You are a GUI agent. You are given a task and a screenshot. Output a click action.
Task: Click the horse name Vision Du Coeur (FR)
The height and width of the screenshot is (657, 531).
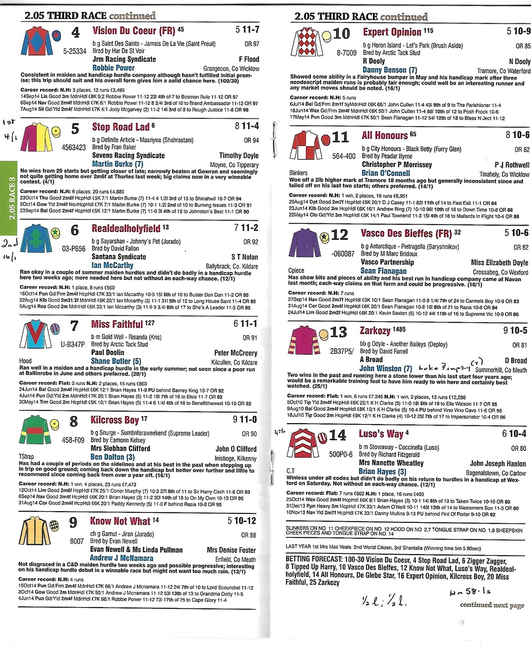[x=134, y=31]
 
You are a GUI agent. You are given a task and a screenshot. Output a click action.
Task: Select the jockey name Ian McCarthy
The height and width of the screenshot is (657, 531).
[x=112, y=265]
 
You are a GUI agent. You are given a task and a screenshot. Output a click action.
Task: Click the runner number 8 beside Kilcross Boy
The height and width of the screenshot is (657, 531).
[x=74, y=421]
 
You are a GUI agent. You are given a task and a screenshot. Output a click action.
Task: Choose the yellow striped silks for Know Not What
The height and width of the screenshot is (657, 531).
[x=34, y=531]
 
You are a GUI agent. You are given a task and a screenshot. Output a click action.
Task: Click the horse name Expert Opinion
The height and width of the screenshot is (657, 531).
[x=392, y=32]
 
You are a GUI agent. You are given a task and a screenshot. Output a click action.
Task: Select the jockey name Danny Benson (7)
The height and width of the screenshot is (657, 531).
[x=389, y=70]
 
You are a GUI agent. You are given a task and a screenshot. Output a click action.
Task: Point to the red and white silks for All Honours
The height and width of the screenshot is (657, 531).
[x=304, y=145]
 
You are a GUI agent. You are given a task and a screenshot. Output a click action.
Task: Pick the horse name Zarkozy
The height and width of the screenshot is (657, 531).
[x=375, y=331]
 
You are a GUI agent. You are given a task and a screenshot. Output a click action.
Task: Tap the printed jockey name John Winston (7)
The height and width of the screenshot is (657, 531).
[x=386, y=368]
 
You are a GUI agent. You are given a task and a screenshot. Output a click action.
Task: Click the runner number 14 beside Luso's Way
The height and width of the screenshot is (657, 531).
[x=337, y=435]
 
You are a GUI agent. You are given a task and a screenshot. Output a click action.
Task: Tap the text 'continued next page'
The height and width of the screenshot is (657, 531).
[x=492, y=605]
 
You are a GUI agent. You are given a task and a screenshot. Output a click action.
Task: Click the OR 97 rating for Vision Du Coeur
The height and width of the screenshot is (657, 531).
[x=251, y=44]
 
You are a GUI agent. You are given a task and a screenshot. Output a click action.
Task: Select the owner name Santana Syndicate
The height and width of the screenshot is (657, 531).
[x=119, y=257]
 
